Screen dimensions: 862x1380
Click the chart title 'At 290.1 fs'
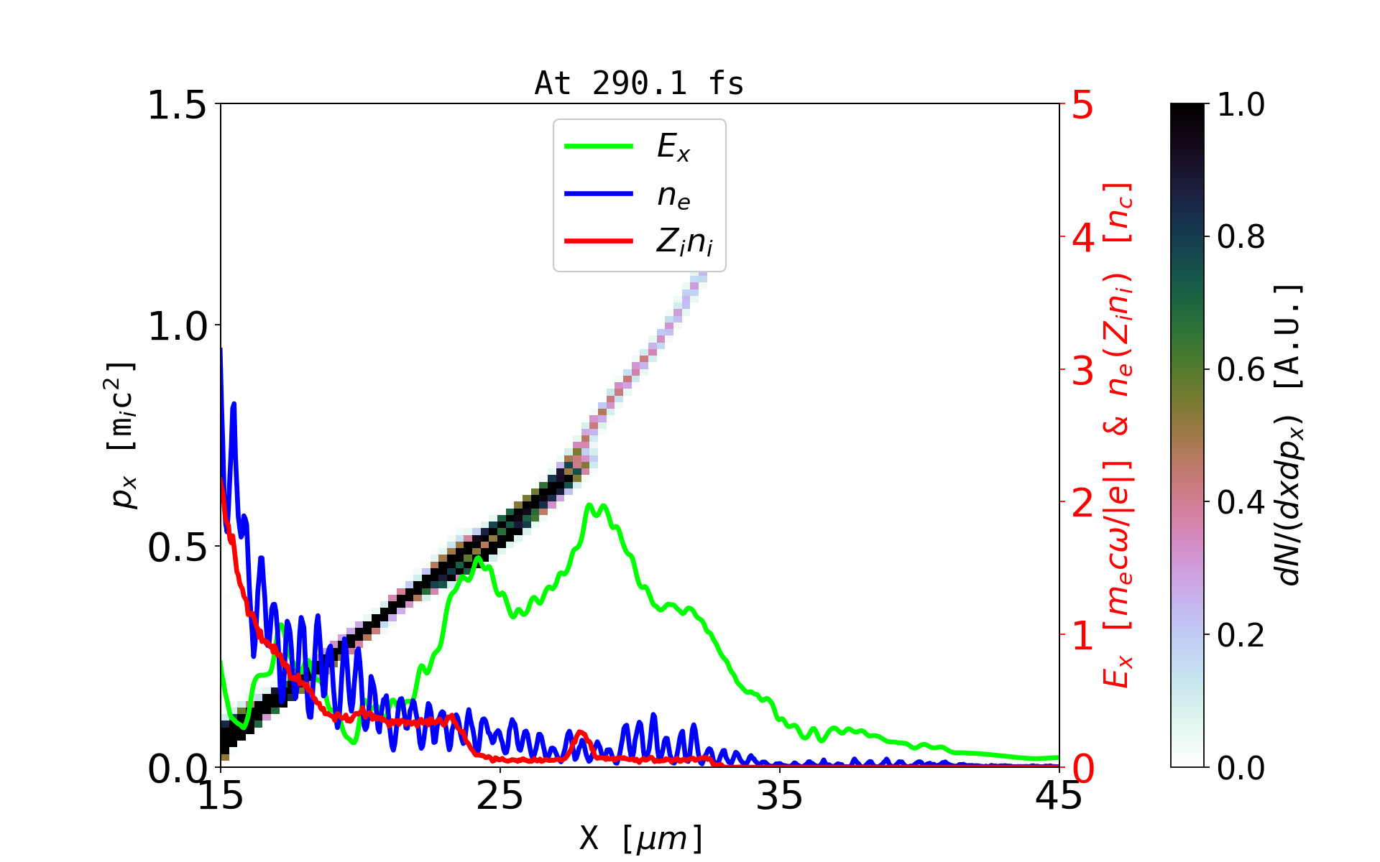tap(639, 83)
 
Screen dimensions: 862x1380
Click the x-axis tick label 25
tap(500, 796)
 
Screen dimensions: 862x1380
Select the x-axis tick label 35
tap(780, 796)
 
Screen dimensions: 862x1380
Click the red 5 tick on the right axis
tap(1082, 105)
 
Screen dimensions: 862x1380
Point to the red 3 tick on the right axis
tap(1082, 371)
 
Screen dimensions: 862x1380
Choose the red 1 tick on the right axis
tap(1082, 636)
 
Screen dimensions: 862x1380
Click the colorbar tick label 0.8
tap(1241, 237)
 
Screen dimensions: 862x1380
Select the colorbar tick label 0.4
tap(1241, 503)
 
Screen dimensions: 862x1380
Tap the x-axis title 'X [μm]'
tap(640, 838)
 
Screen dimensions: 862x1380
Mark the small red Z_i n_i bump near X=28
tap(581, 733)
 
